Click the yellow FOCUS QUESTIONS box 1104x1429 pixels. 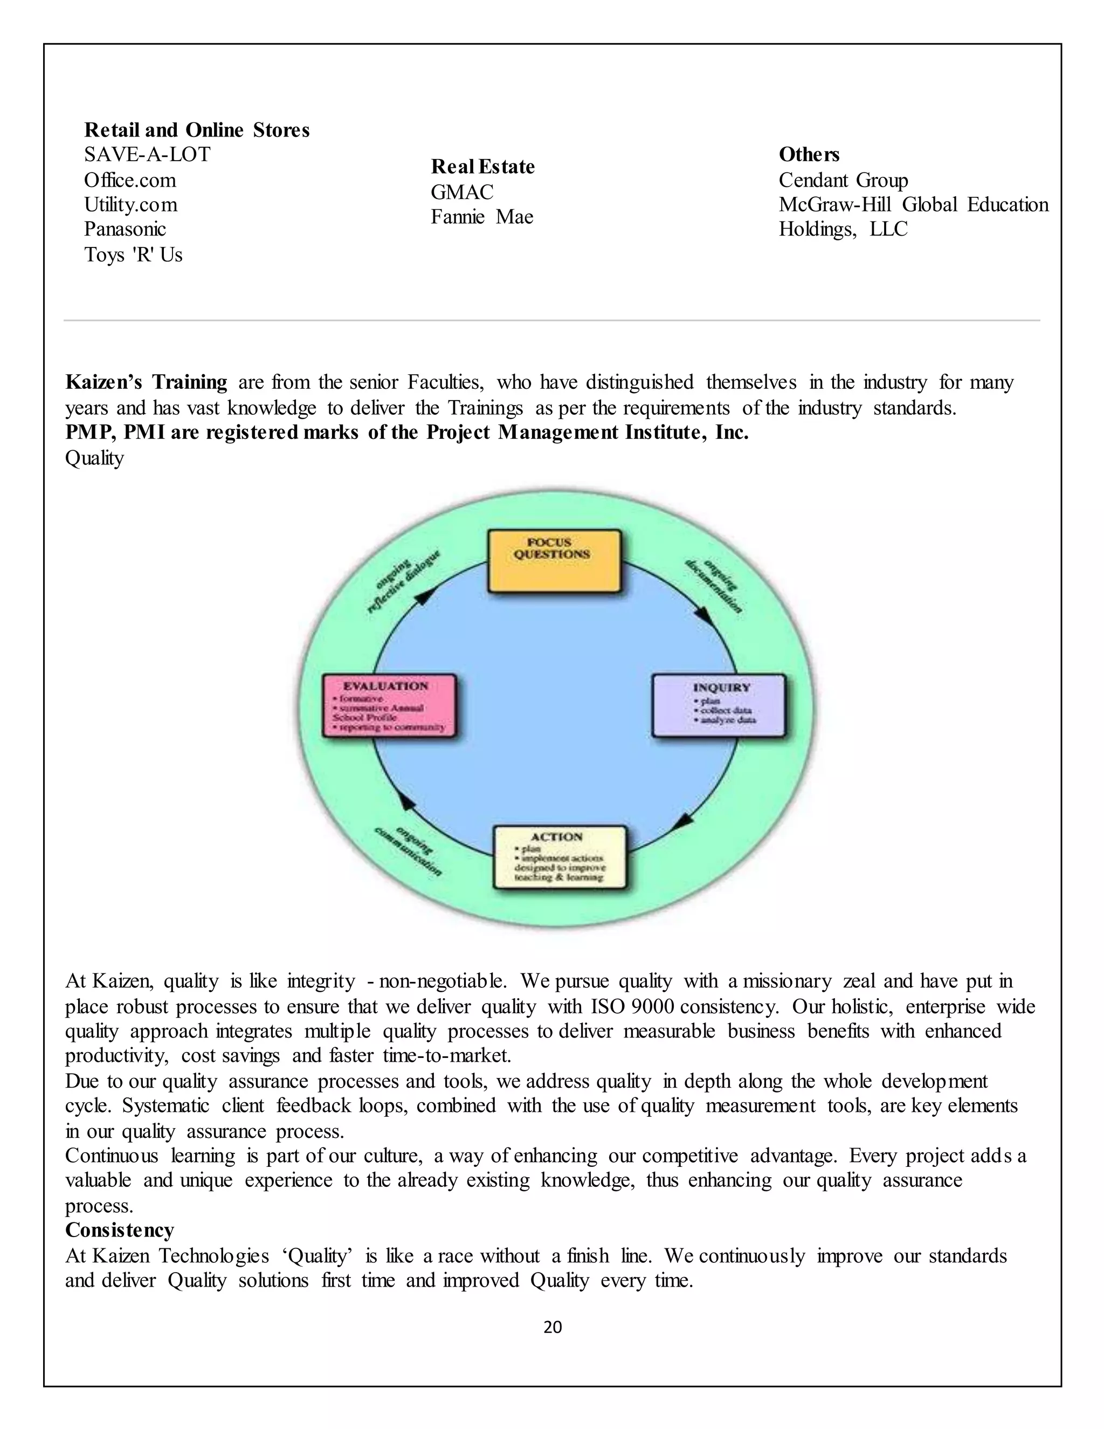tap(555, 561)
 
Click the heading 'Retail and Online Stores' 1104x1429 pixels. tap(197, 130)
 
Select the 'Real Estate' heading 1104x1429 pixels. tap(482, 167)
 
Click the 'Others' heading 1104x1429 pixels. tap(809, 154)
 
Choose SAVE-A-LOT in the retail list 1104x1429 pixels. tap(147, 155)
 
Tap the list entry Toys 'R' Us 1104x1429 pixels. tap(134, 255)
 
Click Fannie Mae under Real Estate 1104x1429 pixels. tap(481, 217)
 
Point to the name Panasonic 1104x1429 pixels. tap(125, 229)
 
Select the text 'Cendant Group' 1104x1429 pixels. tap(843, 180)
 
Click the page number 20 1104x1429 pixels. tap(553, 1327)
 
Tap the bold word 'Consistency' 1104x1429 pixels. tap(120, 1230)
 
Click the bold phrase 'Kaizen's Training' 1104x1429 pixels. tap(146, 382)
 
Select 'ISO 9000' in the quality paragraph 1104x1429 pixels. tap(632, 1006)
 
